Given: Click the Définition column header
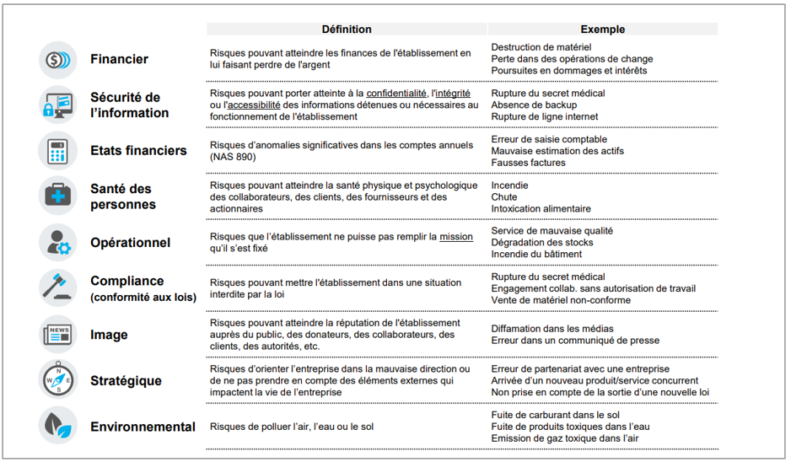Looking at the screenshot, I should (346, 30).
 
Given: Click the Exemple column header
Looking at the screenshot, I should (603, 30).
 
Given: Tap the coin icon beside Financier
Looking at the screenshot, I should (57, 60).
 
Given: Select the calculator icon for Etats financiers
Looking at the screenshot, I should (57, 151).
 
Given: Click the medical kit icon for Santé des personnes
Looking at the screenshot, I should (57, 196).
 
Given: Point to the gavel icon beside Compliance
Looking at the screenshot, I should (57, 287).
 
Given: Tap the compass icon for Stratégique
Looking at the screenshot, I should (57, 380).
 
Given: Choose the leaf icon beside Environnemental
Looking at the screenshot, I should (57, 426).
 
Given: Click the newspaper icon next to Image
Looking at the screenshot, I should (57, 335).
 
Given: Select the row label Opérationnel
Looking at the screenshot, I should (131, 243).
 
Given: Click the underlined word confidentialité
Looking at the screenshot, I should (396, 93).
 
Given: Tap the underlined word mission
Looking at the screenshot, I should (456, 237).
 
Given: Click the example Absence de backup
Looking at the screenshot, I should (535, 105).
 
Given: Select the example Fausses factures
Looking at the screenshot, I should (528, 163).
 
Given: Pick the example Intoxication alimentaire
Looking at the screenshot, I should (541, 208).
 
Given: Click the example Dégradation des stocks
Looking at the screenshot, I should (543, 242).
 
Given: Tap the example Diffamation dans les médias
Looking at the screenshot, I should (552, 329).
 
